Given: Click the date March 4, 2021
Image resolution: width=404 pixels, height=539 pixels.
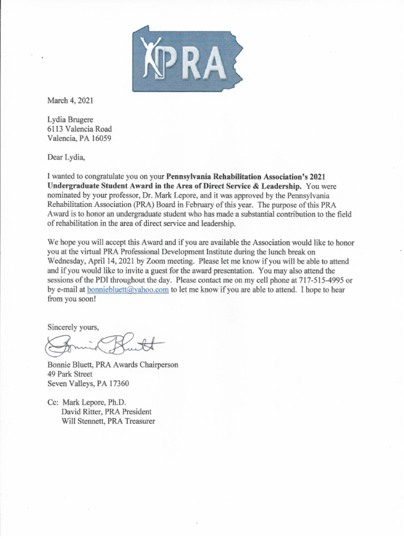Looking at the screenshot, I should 70,100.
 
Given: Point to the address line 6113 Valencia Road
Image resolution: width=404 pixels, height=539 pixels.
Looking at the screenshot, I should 79,129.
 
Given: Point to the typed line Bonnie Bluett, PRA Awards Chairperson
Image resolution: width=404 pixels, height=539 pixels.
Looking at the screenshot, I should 113,365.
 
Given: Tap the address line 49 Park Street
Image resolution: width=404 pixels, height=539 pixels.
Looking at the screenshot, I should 70,374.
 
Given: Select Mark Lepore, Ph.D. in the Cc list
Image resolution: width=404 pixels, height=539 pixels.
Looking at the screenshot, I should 94,403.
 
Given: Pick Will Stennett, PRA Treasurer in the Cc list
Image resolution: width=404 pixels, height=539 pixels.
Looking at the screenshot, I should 108,422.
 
